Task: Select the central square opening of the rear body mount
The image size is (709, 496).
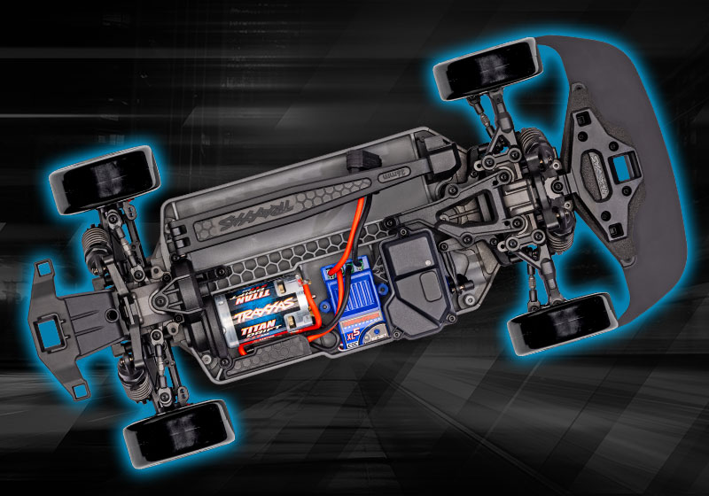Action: coord(45,337)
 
